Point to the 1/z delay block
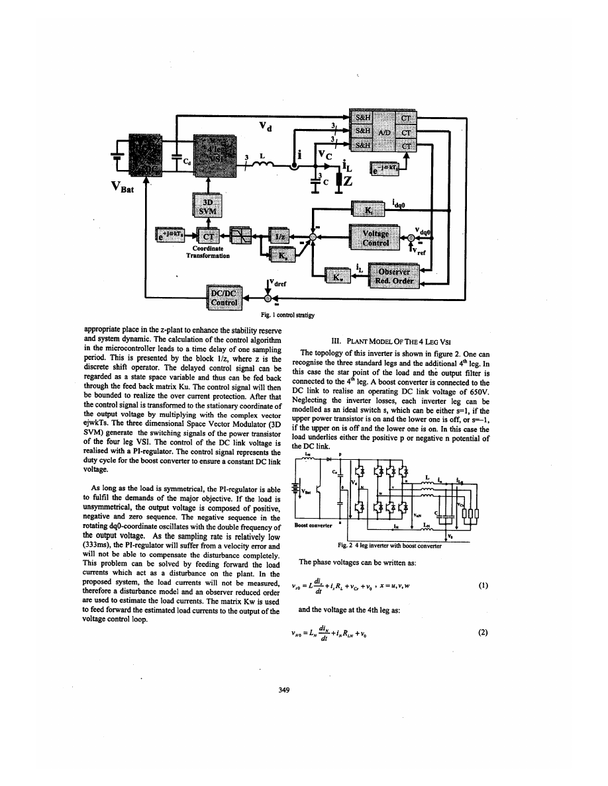coord(279,236)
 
